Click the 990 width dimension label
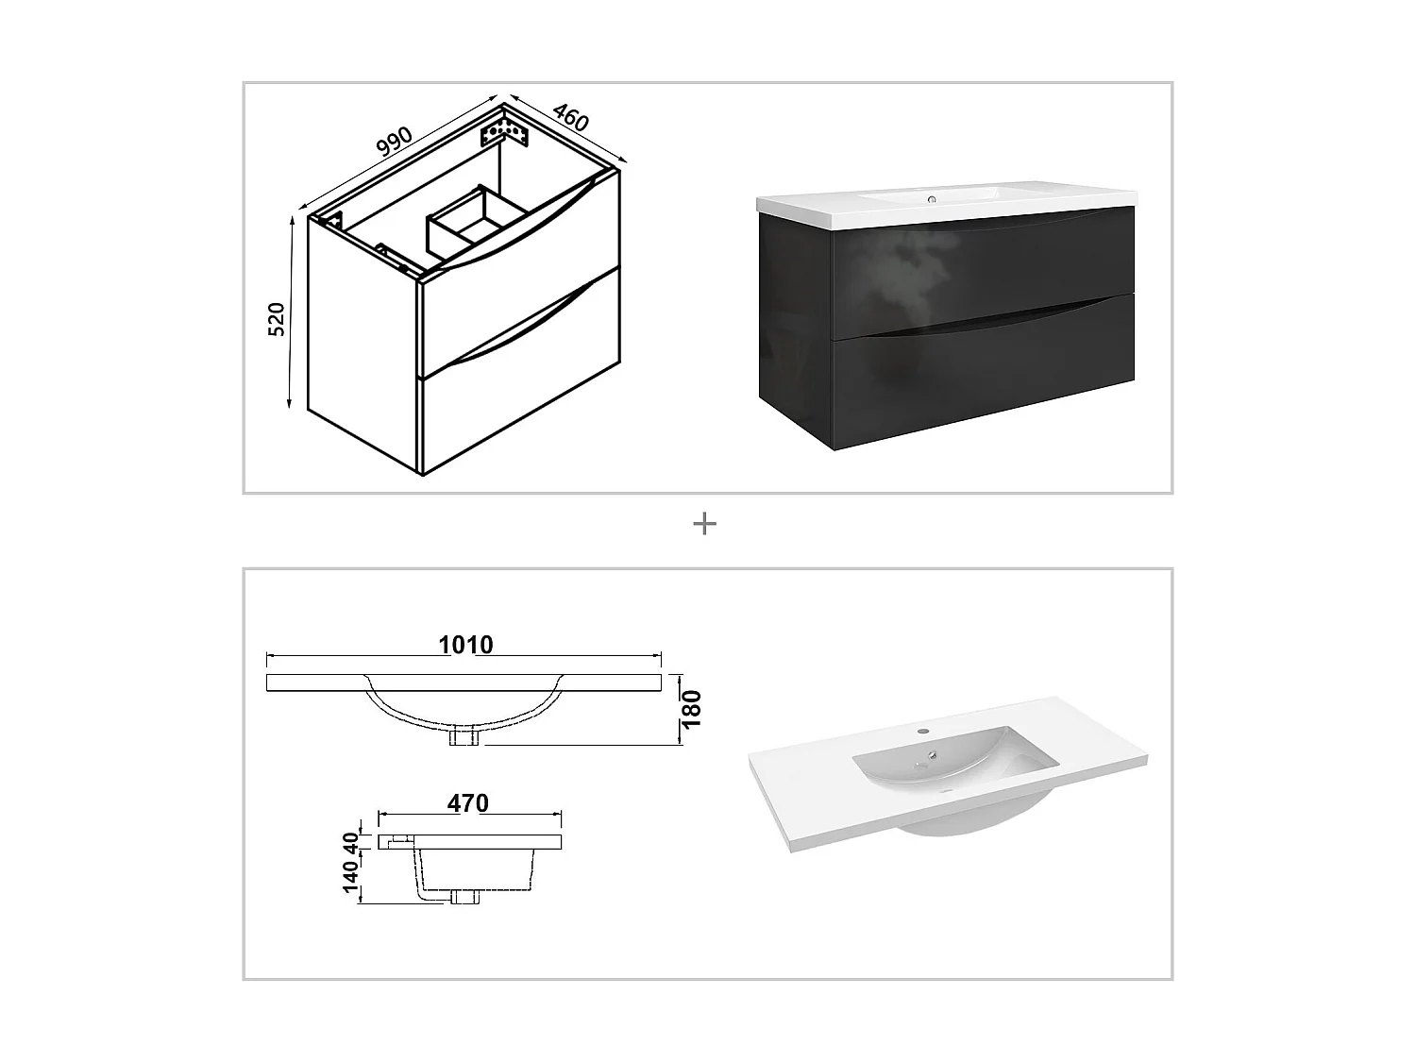click(395, 141)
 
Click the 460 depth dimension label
click(570, 117)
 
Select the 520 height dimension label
click(276, 319)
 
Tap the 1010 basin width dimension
click(465, 645)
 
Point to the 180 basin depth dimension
click(692, 709)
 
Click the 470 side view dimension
click(468, 803)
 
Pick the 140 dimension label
click(351, 876)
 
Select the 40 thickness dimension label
click(351, 840)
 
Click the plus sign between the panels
click(704, 524)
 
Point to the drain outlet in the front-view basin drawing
click(464, 736)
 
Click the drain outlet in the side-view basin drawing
click(464, 897)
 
